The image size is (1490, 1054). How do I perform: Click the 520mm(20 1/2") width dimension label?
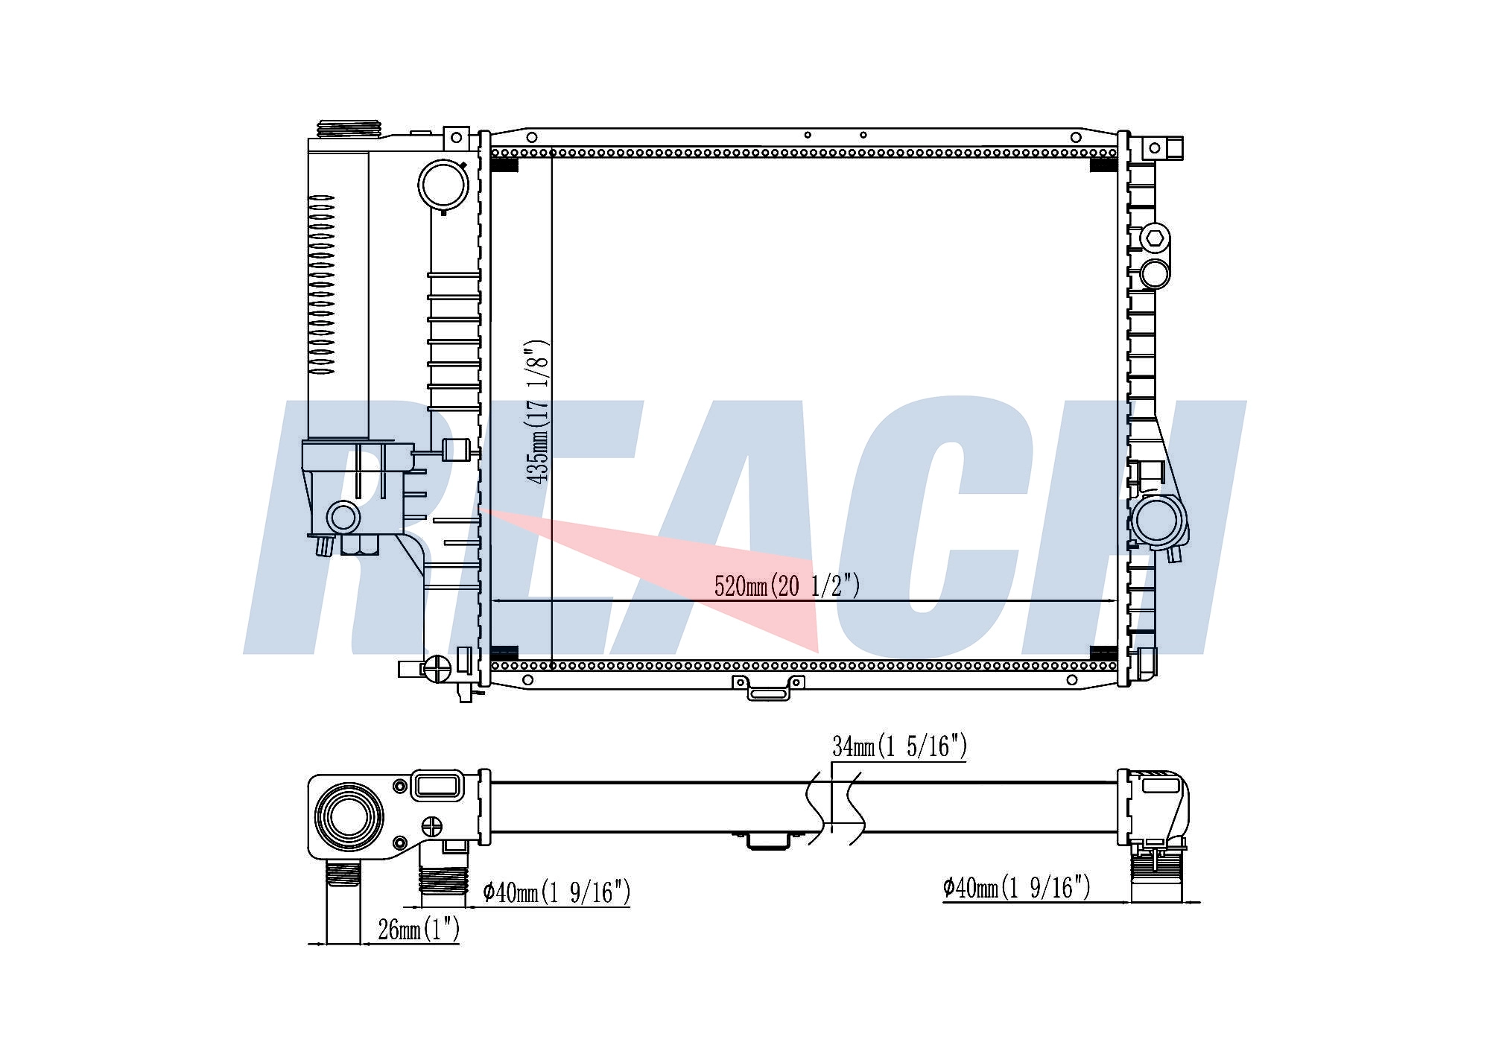787,586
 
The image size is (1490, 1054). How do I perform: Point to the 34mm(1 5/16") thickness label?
899,746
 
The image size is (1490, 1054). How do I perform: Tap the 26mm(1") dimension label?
419,930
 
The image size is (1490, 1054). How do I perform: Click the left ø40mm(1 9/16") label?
557,891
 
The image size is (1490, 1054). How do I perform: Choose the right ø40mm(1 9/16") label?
1016,887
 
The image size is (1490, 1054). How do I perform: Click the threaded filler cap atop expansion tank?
349,129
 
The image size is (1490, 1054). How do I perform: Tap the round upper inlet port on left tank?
443,185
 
